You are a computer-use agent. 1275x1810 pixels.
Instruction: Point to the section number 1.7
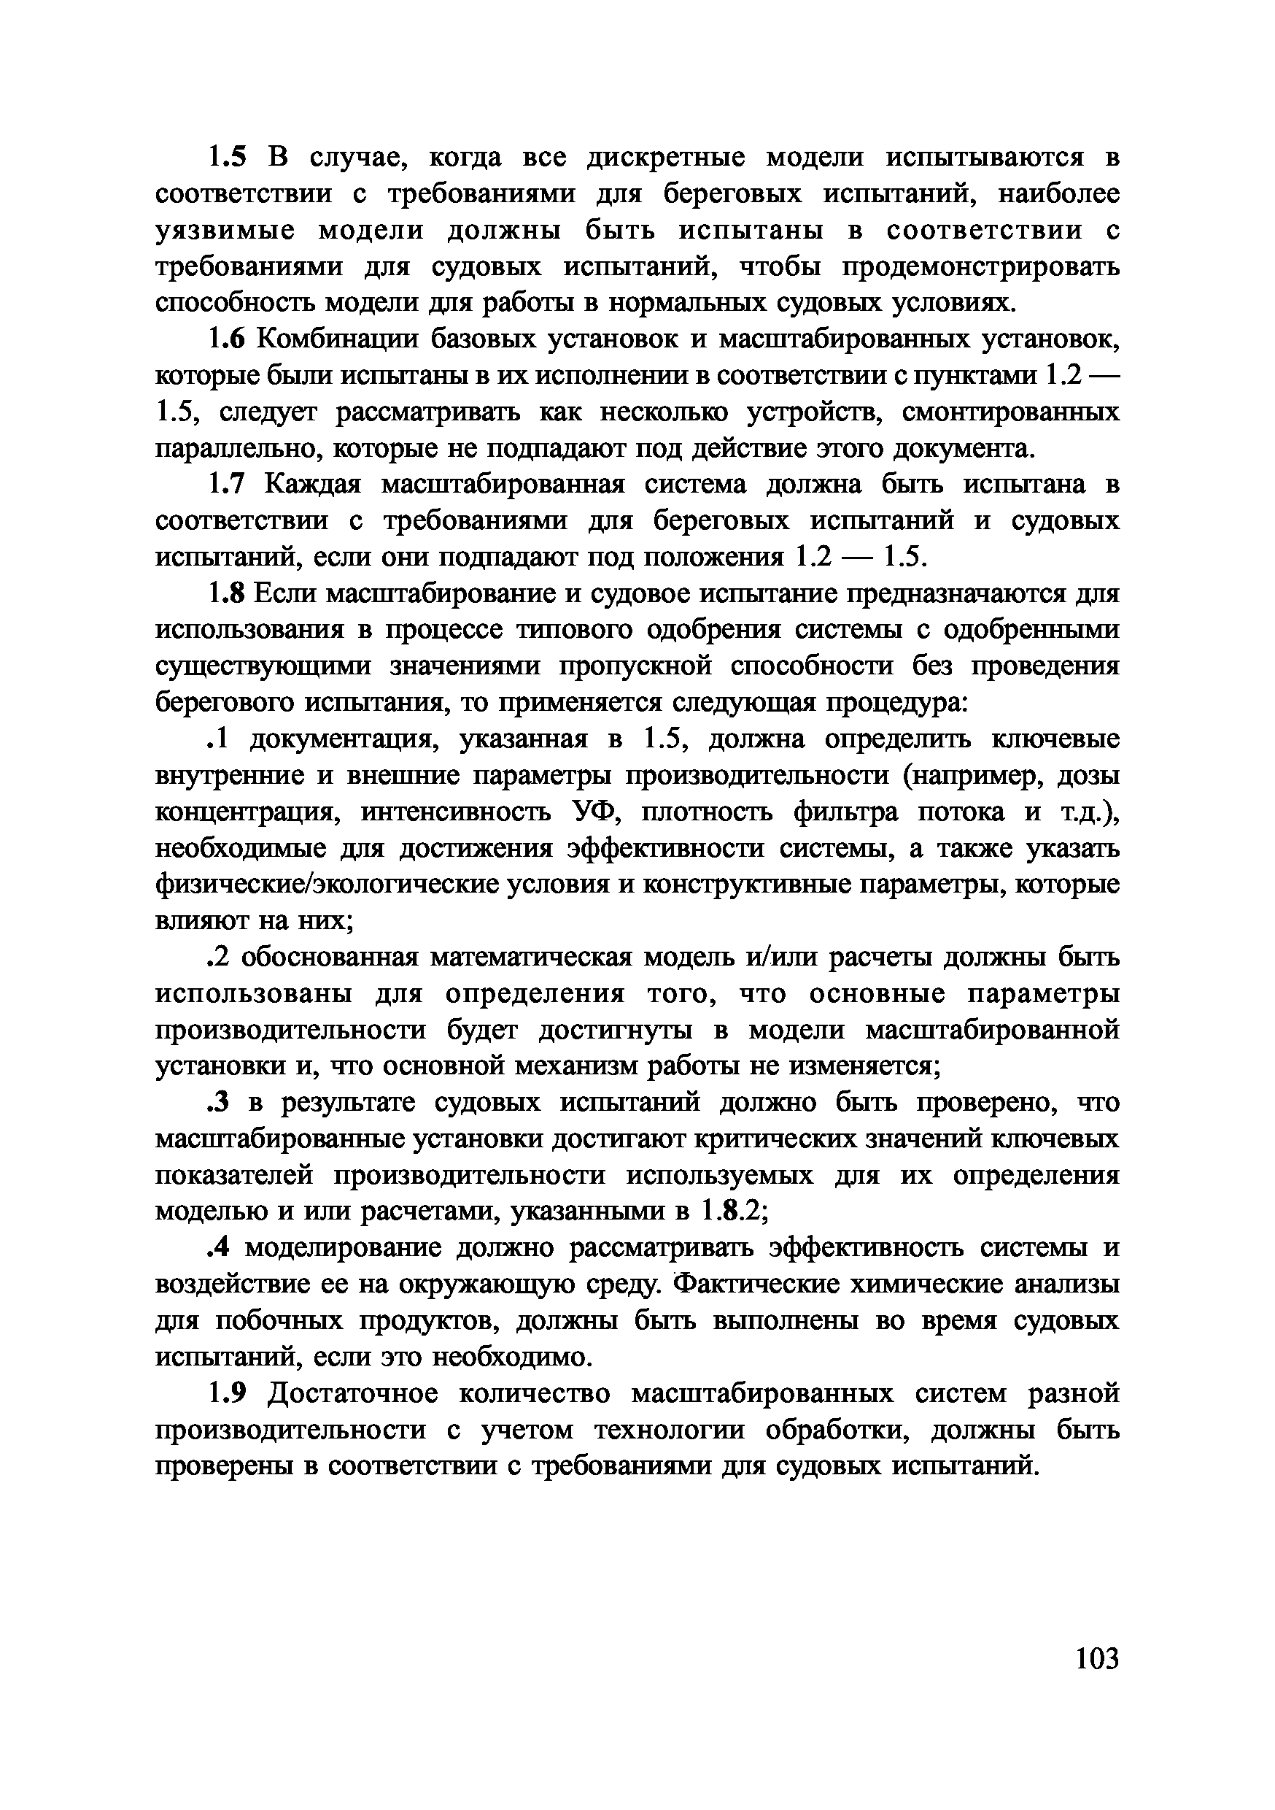point(228,484)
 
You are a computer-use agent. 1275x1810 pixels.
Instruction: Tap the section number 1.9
point(228,1393)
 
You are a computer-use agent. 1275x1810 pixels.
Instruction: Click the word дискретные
point(667,158)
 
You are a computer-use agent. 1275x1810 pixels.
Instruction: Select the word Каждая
point(311,484)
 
